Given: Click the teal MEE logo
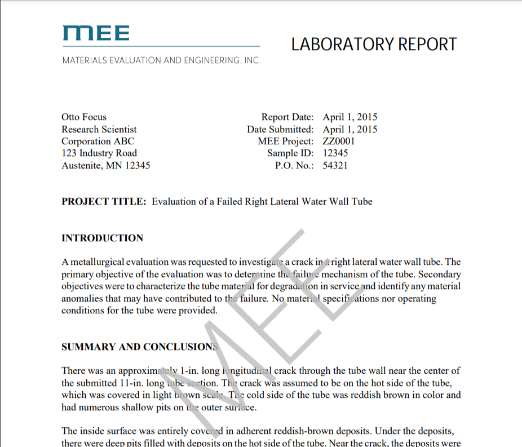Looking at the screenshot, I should [96, 33].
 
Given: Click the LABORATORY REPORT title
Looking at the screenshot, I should [373, 44].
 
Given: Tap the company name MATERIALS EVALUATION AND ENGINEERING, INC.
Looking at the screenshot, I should [161, 60].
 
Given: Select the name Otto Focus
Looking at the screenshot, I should [84, 117].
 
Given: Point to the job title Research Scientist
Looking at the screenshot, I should [99, 129].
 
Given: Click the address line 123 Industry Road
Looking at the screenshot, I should [99, 153].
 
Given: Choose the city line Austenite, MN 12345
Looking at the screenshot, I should [105, 165].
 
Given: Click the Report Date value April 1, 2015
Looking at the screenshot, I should [350, 117].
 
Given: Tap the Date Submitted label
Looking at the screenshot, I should [280, 129].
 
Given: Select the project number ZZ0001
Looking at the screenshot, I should [339, 141].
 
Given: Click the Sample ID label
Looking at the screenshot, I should [290, 153].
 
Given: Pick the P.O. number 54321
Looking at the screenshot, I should [335, 165].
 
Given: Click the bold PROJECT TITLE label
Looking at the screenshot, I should [104, 201].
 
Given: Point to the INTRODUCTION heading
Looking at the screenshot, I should [102, 238].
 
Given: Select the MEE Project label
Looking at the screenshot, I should [285, 141].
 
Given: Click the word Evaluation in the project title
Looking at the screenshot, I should [172, 201].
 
